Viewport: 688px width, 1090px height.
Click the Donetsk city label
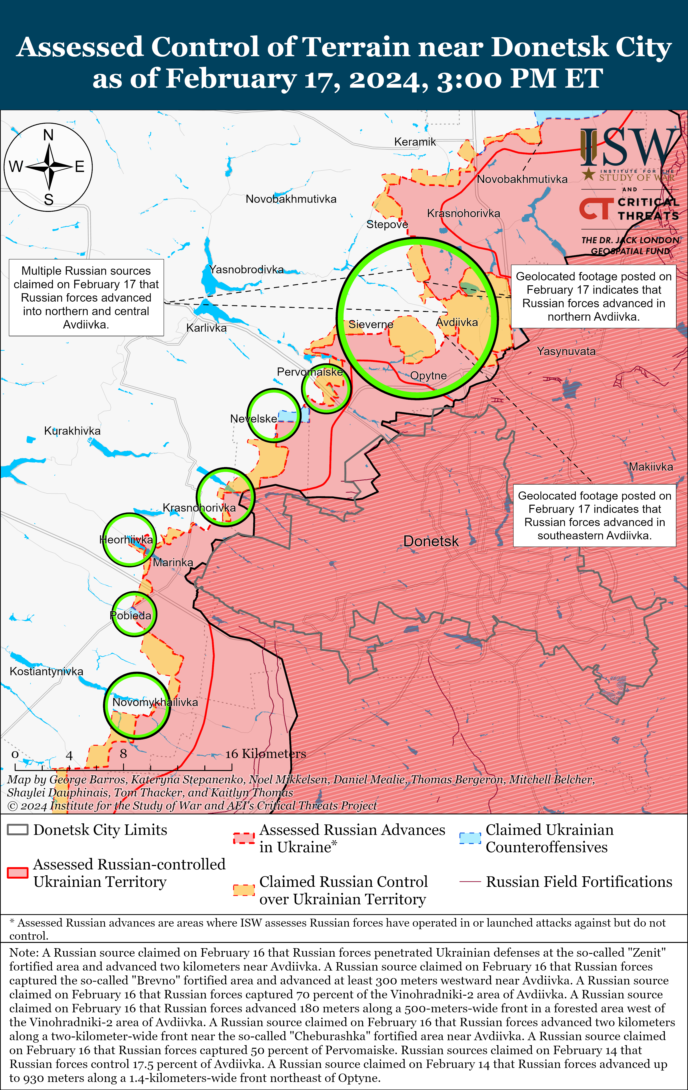coord(431,541)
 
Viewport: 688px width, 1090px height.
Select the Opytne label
coord(428,376)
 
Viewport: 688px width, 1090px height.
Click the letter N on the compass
coord(48,135)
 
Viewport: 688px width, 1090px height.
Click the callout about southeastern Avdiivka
coord(594,516)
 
